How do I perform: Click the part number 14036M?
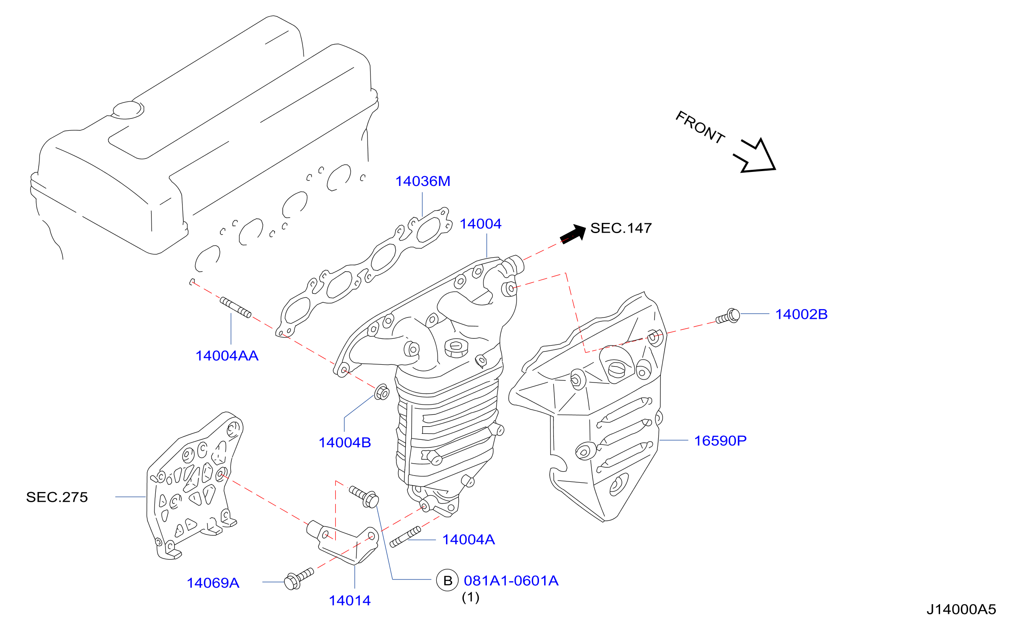[x=423, y=181]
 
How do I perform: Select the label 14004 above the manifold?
[x=480, y=224]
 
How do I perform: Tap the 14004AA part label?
[x=227, y=356]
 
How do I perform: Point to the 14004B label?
[x=345, y=443]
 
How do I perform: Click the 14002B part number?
[x=801, y=314]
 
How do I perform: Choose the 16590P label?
[x=720, y=441]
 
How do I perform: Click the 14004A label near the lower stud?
[x=469, y=540]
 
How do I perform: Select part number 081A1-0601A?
[x=511, y=581]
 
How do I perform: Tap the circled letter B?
[x=447, y=580]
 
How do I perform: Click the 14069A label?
[x=213, y=583]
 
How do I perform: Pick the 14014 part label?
[x=350, y=601]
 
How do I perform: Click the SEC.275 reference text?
[x=57, y=497]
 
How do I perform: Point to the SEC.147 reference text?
[x=621, y=228]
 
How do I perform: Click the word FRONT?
[x=700, y=127]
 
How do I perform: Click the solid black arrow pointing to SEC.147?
[x=573, y=234]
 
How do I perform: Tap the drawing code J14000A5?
[x=961, y=610]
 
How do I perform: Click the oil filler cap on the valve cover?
[x=128, y=110]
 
